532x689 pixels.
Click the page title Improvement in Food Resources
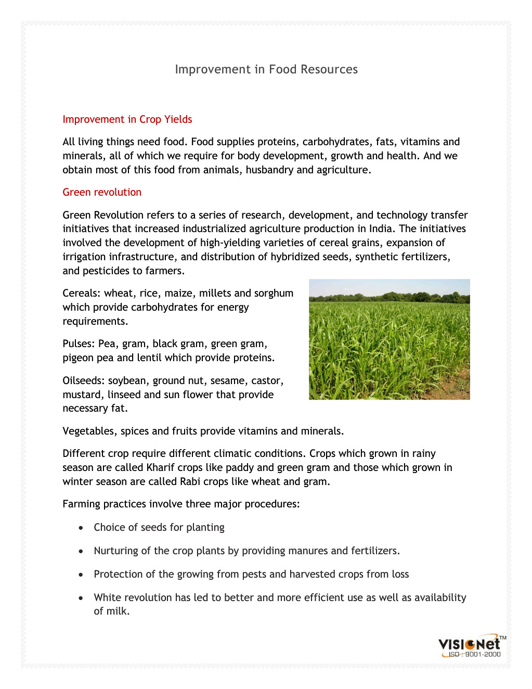[266, 69]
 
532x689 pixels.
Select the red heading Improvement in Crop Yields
[127, 119]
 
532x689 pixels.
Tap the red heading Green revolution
[102, 192]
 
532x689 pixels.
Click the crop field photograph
[389, 339]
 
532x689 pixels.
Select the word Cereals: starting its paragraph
[82, 293]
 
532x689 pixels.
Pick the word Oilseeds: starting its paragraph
[83, 380]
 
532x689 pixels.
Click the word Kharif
[162, 467]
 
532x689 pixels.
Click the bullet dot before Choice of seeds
[81, 528]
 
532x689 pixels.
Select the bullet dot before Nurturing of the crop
[81, 551]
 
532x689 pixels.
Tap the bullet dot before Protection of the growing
[81, 575]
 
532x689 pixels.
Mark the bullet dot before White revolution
[81, 598]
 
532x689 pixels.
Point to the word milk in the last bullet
[120, 611]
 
